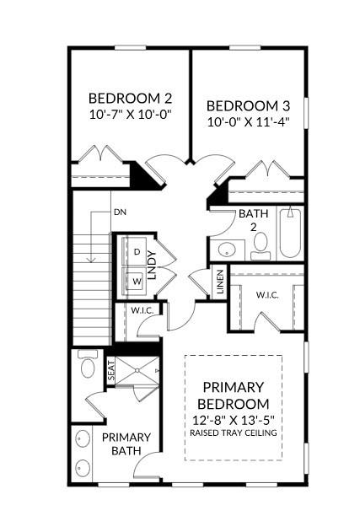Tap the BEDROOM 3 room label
[248, 106]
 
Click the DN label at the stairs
[119, 212]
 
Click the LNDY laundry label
[153, 266]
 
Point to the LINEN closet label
[220, 281]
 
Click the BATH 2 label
[252, 220]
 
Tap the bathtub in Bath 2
[290, 233]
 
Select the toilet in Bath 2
[260, 245]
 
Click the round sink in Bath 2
[226, 250]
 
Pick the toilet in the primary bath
[86, 368]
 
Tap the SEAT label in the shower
[110, 371]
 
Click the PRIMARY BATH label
[126, 444]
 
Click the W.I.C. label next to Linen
[267, 294]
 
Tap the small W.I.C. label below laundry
[141, 310]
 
